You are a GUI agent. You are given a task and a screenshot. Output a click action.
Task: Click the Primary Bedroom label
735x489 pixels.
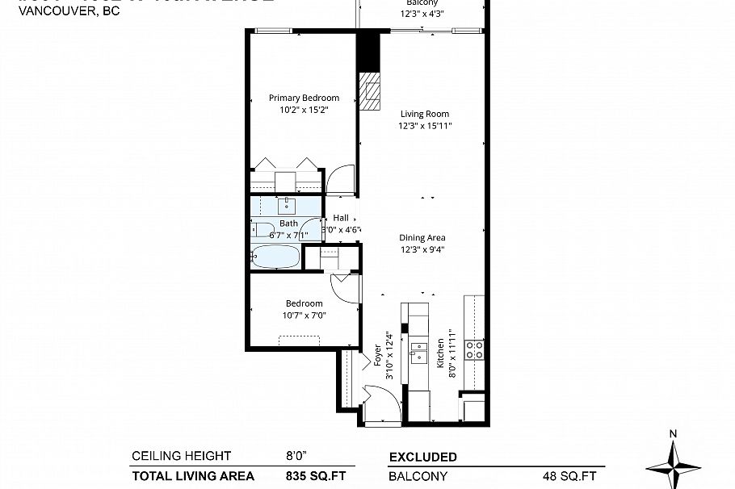coord(304,98)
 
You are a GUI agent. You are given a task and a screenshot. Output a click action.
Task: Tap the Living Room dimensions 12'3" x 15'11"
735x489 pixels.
coord(425,125)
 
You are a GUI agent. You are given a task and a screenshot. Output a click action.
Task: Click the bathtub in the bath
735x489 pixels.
coord(275,258)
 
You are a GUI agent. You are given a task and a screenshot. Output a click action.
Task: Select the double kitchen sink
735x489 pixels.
coord(418,353)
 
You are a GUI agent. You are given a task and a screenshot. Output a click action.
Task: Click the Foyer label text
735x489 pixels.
coord(377,356)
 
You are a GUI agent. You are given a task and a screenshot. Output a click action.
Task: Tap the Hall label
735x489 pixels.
coord(341,218)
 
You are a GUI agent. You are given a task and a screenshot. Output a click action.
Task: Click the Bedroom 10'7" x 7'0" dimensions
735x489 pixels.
coord(304,315)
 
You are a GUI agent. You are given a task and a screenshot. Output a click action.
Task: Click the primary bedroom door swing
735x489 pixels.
coord(341,178)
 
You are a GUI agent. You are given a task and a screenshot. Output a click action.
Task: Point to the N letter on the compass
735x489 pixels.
coord(673,434)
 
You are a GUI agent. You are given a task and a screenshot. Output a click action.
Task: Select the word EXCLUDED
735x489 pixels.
coord(423,457)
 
